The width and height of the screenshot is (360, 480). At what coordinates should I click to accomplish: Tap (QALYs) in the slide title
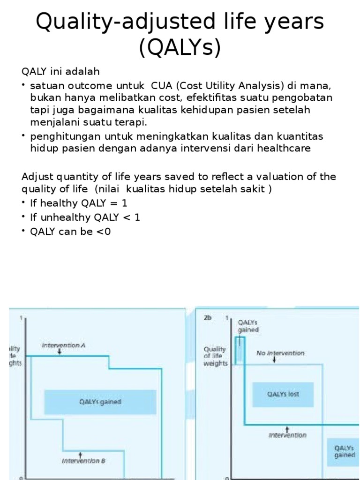point(180,47)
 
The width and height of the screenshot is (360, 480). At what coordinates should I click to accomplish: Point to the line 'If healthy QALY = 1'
point(78,203)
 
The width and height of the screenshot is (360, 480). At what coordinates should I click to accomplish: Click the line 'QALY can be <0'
point(70,232)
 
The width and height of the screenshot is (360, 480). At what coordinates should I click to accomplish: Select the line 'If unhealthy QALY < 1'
point(85,217)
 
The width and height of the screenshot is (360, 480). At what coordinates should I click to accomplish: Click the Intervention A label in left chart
point(63,345)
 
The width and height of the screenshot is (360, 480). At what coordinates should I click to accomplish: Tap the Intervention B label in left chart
point(83,461)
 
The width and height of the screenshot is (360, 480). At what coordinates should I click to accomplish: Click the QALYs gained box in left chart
point(100,402)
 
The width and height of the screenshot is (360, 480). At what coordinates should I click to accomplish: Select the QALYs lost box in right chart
point(283,394)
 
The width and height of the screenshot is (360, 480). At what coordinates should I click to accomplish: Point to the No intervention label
point(280,353)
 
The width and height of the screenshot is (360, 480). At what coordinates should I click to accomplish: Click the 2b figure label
point(208,318)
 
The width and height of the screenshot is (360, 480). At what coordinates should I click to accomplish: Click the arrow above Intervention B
point(81,454)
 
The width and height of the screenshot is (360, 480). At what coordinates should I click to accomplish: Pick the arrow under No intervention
point(274,360)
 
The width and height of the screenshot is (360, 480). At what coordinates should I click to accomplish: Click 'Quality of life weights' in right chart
point(215,356)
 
